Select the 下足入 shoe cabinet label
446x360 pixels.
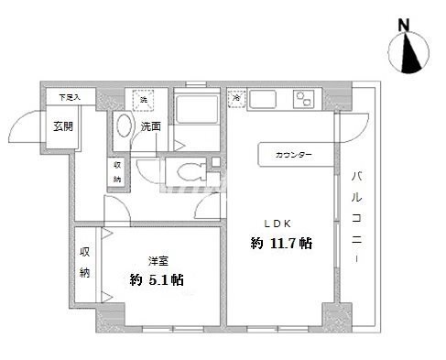click(x=70, y=95)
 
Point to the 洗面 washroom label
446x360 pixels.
click(x=151, y=126)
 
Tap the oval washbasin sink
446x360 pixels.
click(x=125, y=131)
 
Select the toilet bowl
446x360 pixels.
click(x=188, y=172)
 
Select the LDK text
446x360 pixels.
click(x=278, y=223)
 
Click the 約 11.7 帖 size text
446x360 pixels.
click(x=280, y=244)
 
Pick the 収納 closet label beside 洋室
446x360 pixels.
click(x=85, y=262)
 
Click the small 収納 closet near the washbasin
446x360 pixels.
click(x=117, y=172)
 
